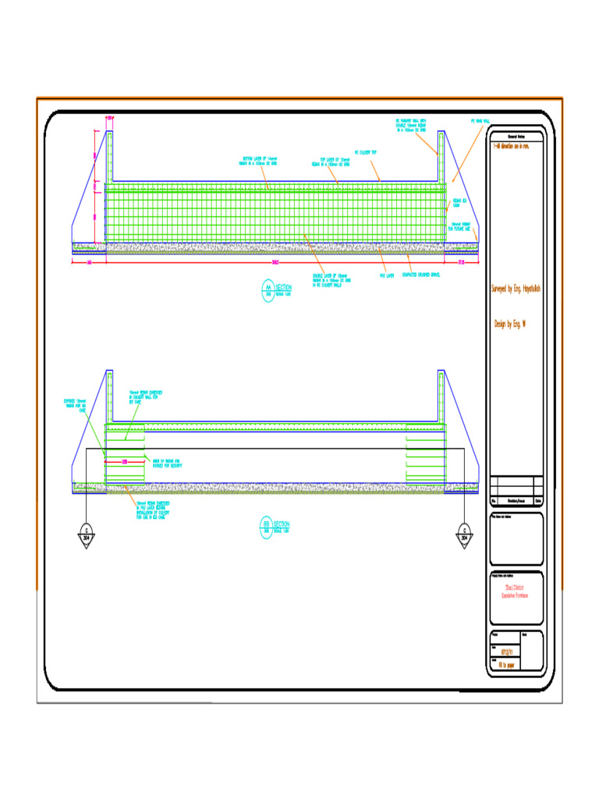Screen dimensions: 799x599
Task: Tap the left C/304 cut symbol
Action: point(86,534)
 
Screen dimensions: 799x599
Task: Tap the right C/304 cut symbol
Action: point(464,534)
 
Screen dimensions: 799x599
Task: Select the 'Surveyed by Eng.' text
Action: point(516,289)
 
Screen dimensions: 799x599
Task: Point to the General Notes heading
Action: point(516,136)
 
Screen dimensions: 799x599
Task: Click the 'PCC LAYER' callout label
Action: point(387,275)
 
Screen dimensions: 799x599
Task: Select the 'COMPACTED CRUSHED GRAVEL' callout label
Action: point(420,275)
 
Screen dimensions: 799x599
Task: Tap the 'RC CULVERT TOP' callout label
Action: point(366,153)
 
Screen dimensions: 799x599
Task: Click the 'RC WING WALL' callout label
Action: point(480,122)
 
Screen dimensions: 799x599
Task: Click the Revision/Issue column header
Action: point(516,501)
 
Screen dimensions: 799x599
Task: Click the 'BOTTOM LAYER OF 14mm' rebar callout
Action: point(260,162)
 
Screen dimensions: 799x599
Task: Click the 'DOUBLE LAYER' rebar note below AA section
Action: point(332,279)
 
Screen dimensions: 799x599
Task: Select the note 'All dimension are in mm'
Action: point(512,146)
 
